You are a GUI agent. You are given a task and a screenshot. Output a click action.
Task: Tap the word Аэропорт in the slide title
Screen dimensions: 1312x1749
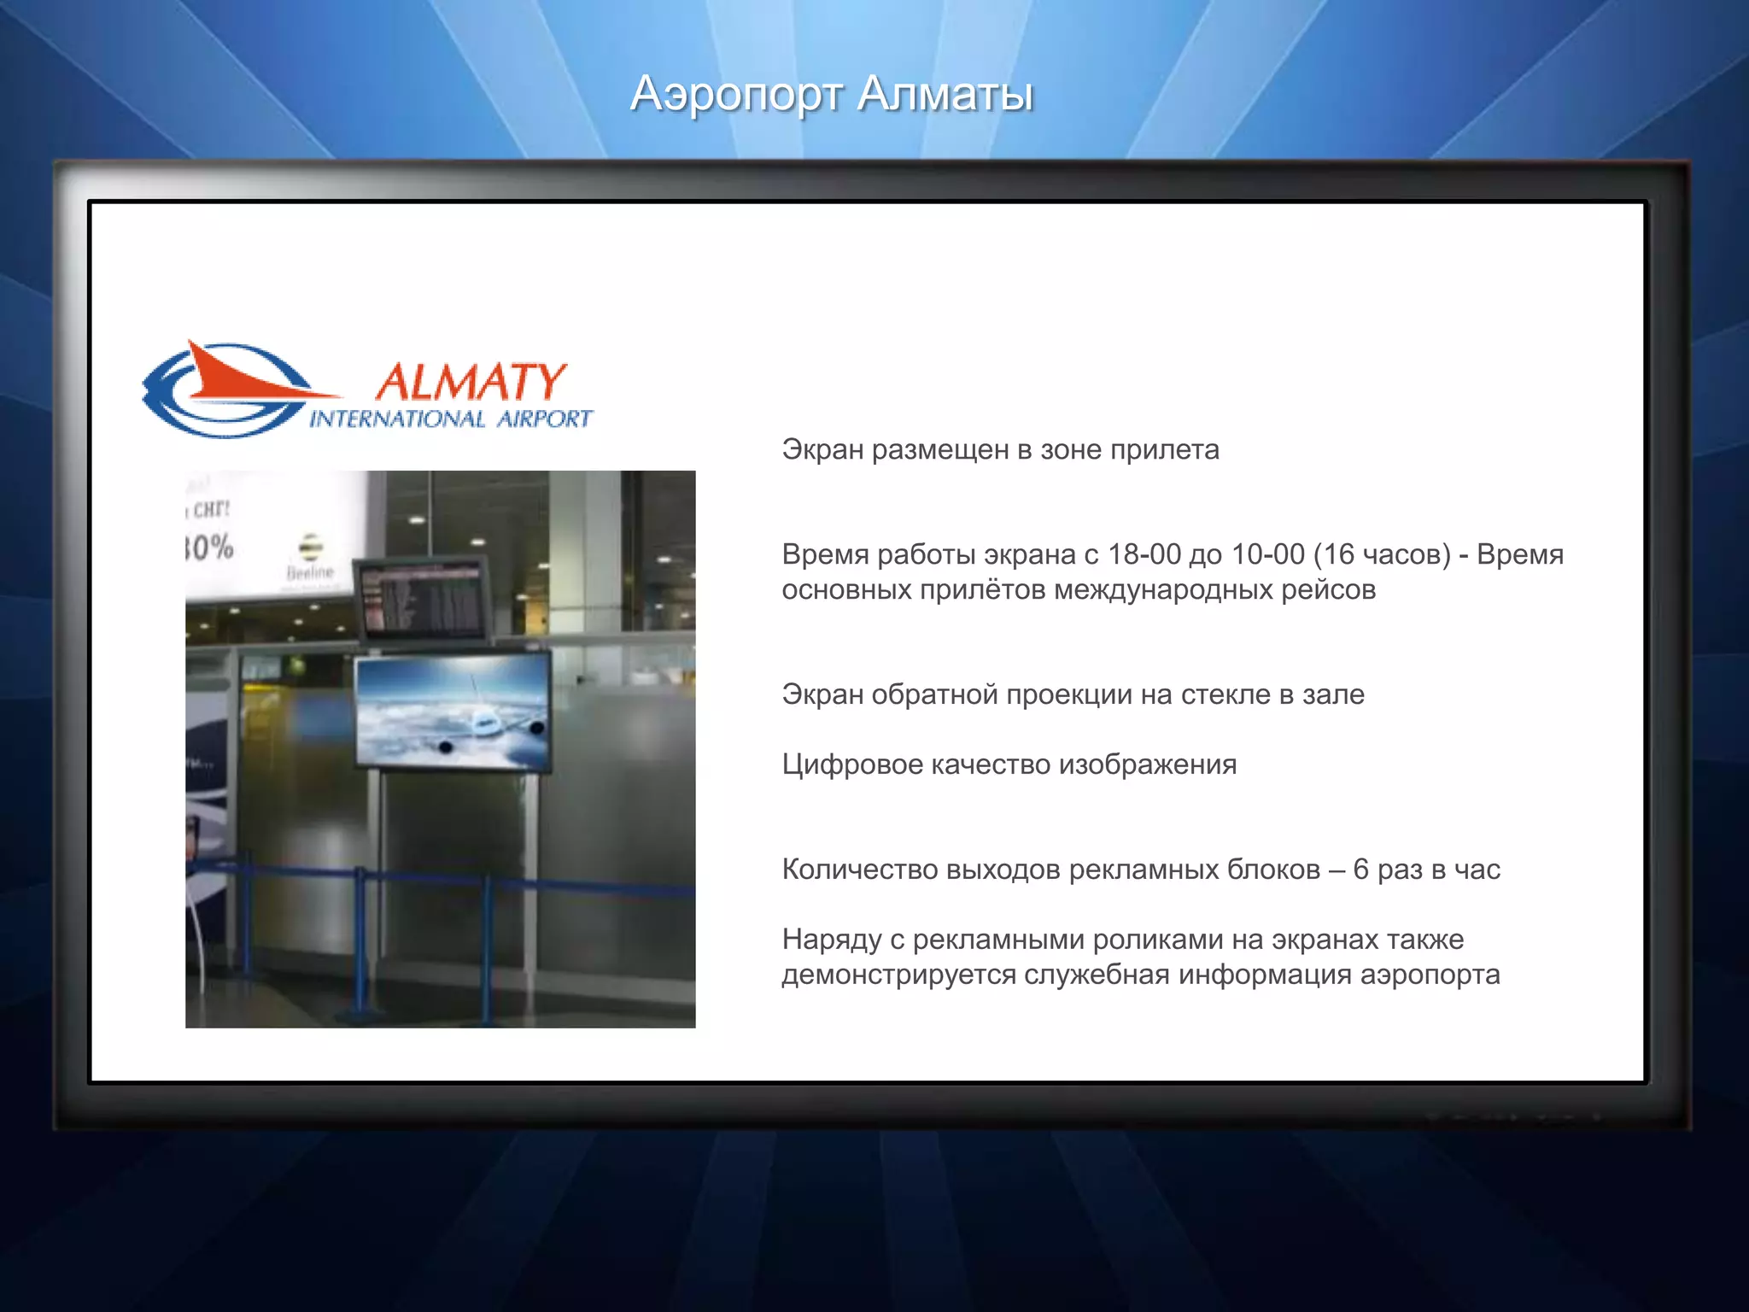(x=736, y=95)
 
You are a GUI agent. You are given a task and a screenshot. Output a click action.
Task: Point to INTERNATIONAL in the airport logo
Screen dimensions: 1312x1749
(x=396, y=419)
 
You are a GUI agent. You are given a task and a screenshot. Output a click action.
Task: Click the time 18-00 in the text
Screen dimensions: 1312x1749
(x=1144, y=554)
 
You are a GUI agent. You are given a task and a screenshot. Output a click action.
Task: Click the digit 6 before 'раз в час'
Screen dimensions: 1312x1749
(x=1360, y=870)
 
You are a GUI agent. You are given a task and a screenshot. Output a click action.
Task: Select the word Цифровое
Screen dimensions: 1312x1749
(x=852, y=764)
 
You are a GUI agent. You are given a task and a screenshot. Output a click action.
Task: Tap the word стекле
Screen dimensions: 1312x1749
(x=1225, y=694)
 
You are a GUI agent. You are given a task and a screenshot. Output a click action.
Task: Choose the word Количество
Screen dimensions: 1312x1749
(x=860, y=870)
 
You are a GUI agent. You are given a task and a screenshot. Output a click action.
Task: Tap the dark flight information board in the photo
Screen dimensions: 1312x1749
(x=423, y=599)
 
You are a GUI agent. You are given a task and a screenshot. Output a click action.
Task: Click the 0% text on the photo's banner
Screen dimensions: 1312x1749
(x=210, y=547)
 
